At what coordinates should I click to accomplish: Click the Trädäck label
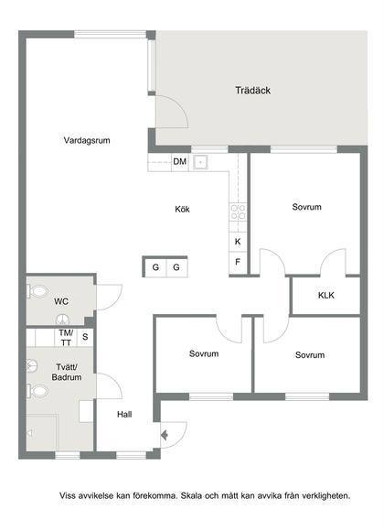pyautogui.click(x=252, y=91)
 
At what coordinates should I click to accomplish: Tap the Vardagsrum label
pyautogui.click(x=87, y=140)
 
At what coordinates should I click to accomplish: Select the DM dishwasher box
pyautogui.click(x=180, y=162)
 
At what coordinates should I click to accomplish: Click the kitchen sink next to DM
pyautogui.click(x=202, y=162)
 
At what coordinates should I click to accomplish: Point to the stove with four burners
pyautogui.click(x=238, y=216)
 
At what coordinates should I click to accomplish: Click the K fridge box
pyautogui.click(x=238, y=242)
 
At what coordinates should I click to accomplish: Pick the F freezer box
pyautogui.click(x=238, y=262)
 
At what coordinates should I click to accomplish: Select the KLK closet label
pyautogui.click(x=326, y=296)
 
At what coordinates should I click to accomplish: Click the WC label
pyautogui.click(x=61, y=300)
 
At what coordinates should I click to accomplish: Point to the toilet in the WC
pyautogui.click(x=37, y=291)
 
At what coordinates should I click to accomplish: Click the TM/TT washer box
pyautogui.click(x=65, y=337)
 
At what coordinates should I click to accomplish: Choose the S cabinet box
pyautogui.click(x=85, y=337)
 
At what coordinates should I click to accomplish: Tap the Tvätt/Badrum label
pyautogui.click(x=67, y=372)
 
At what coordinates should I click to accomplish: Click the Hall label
pyautogui.click(x=124, y=415)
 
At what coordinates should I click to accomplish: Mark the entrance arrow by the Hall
pyautogui.click(x=165, y=435)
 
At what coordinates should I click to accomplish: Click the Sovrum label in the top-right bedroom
pyautogui.click(x=306, y=207)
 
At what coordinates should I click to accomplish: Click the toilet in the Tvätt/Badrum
pyautogui.click(x=37, y=391)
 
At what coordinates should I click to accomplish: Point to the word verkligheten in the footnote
pyautogui.click(x=320, y=495)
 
